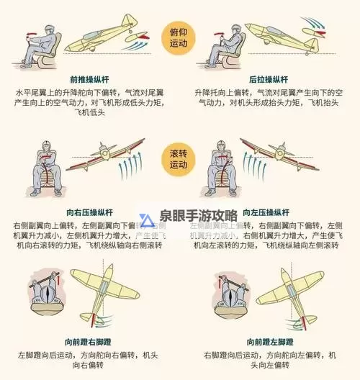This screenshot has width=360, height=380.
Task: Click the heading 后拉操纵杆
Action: (x=269, y=78)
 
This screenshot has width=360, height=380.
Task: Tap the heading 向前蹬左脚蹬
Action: (x=267, y=341)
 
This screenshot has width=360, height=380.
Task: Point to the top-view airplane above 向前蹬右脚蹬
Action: (x=115, y=291)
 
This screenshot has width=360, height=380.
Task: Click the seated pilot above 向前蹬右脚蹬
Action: (x=48, y=299)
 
